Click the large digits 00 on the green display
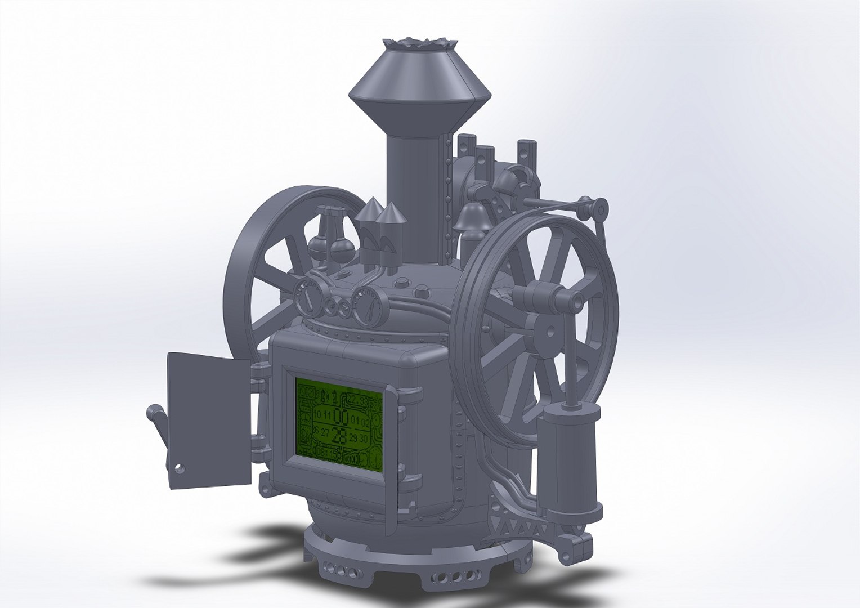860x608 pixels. point(340,417)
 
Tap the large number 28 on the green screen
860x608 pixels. point(339,436)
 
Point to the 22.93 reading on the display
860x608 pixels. point(357,400)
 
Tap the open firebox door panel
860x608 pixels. point(208,419)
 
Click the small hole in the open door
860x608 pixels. point(179,467)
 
